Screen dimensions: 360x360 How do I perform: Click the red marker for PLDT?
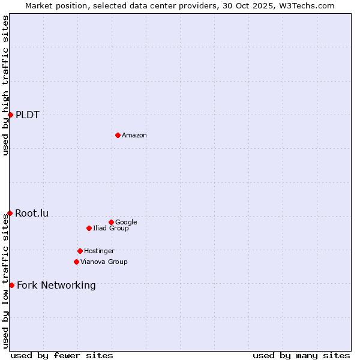tap(10, 115)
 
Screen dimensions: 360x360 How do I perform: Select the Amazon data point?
tap(118, 135)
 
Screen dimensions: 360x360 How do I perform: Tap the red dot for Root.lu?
tap(10, 213)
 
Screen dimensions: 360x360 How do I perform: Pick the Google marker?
tap(111, 222)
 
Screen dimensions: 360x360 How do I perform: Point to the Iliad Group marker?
tap(89, 228)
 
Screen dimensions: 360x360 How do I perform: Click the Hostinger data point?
tap(80, 251)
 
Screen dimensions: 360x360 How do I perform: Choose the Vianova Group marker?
tap(76, 262)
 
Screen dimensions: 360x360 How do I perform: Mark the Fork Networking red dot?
tap(11, 285)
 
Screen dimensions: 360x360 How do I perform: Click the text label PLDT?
tap(28, 115)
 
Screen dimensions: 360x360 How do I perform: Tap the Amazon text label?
tap(134, 135)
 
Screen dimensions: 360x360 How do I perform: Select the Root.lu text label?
tap(32, 213)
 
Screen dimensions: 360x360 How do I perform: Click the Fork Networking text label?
tap(56, 285)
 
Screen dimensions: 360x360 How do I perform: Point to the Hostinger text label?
tap(99, 251)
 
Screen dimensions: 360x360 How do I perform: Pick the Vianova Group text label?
tap(104, 262)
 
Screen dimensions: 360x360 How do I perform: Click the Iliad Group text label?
tap(111, 228)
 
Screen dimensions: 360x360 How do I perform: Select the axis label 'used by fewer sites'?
tap(62, 355)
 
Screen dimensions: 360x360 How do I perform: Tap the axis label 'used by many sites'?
tap(301, 355)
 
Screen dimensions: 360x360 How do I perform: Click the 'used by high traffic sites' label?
tap(5, 85)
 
